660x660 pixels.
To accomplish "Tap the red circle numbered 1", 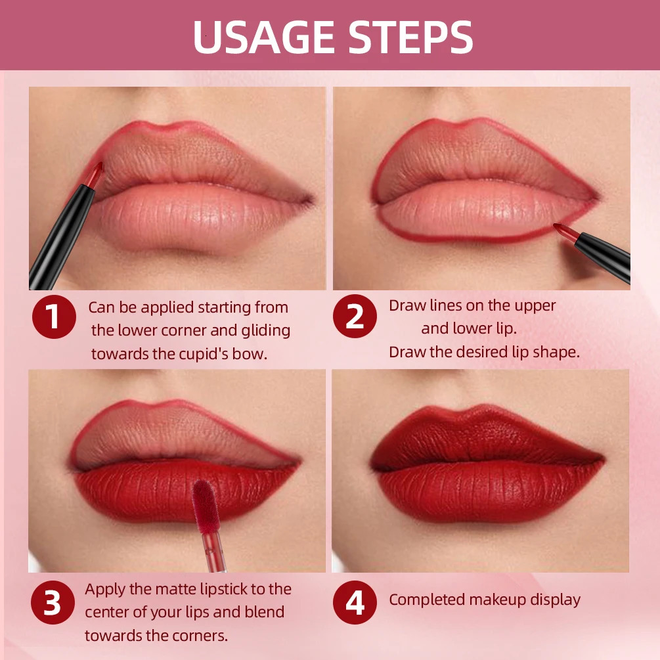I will point(54,317).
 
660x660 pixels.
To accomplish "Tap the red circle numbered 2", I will point(355,317).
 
